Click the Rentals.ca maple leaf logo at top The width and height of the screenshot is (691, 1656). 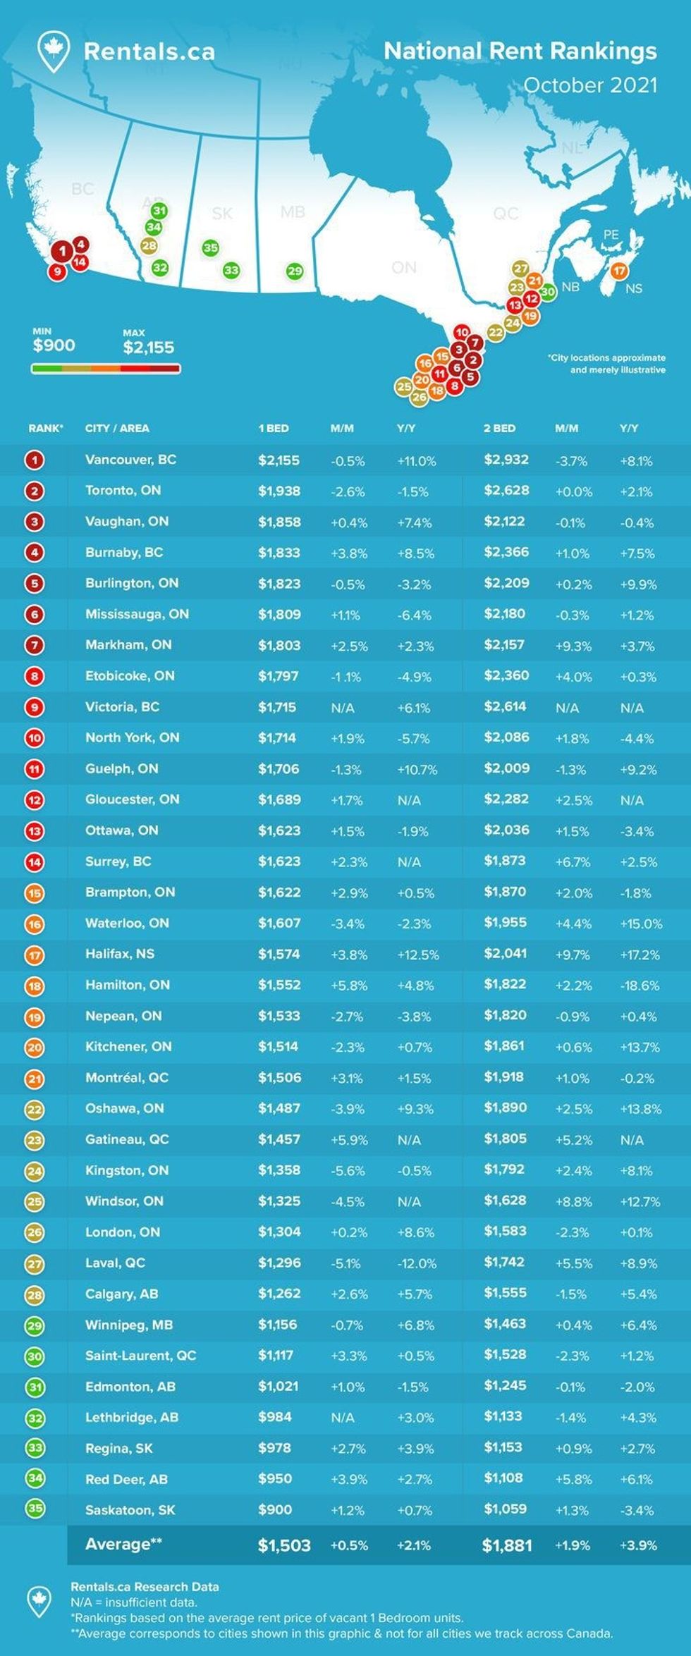point(54,51)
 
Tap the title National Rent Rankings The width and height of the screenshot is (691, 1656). point(520,51)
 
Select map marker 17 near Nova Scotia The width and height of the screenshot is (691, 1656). point(618,271)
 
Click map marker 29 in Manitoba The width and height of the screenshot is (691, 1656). point(295,271)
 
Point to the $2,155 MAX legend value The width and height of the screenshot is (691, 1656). point(148,347)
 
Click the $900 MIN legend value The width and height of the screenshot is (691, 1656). point(54,345)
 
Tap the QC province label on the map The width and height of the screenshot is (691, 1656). point(506,213)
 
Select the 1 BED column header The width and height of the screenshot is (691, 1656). point(273,428)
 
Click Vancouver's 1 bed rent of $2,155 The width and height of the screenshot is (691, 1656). point(279,460)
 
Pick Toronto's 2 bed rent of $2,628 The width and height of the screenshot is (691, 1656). point(506,491)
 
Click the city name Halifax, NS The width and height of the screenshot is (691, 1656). point(119,954)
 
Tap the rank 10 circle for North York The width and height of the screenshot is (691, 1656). point(35,738)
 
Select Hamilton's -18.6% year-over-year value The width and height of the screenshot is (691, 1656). point(640,986)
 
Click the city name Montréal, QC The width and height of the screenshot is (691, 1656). point(126,1077)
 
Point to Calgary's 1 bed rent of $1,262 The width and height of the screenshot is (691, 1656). point(279,1294)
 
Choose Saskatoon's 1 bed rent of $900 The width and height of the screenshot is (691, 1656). point(274,1509)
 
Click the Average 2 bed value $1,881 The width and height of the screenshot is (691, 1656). point(506,1545)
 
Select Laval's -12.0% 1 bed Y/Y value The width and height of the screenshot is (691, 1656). point(416,1263)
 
